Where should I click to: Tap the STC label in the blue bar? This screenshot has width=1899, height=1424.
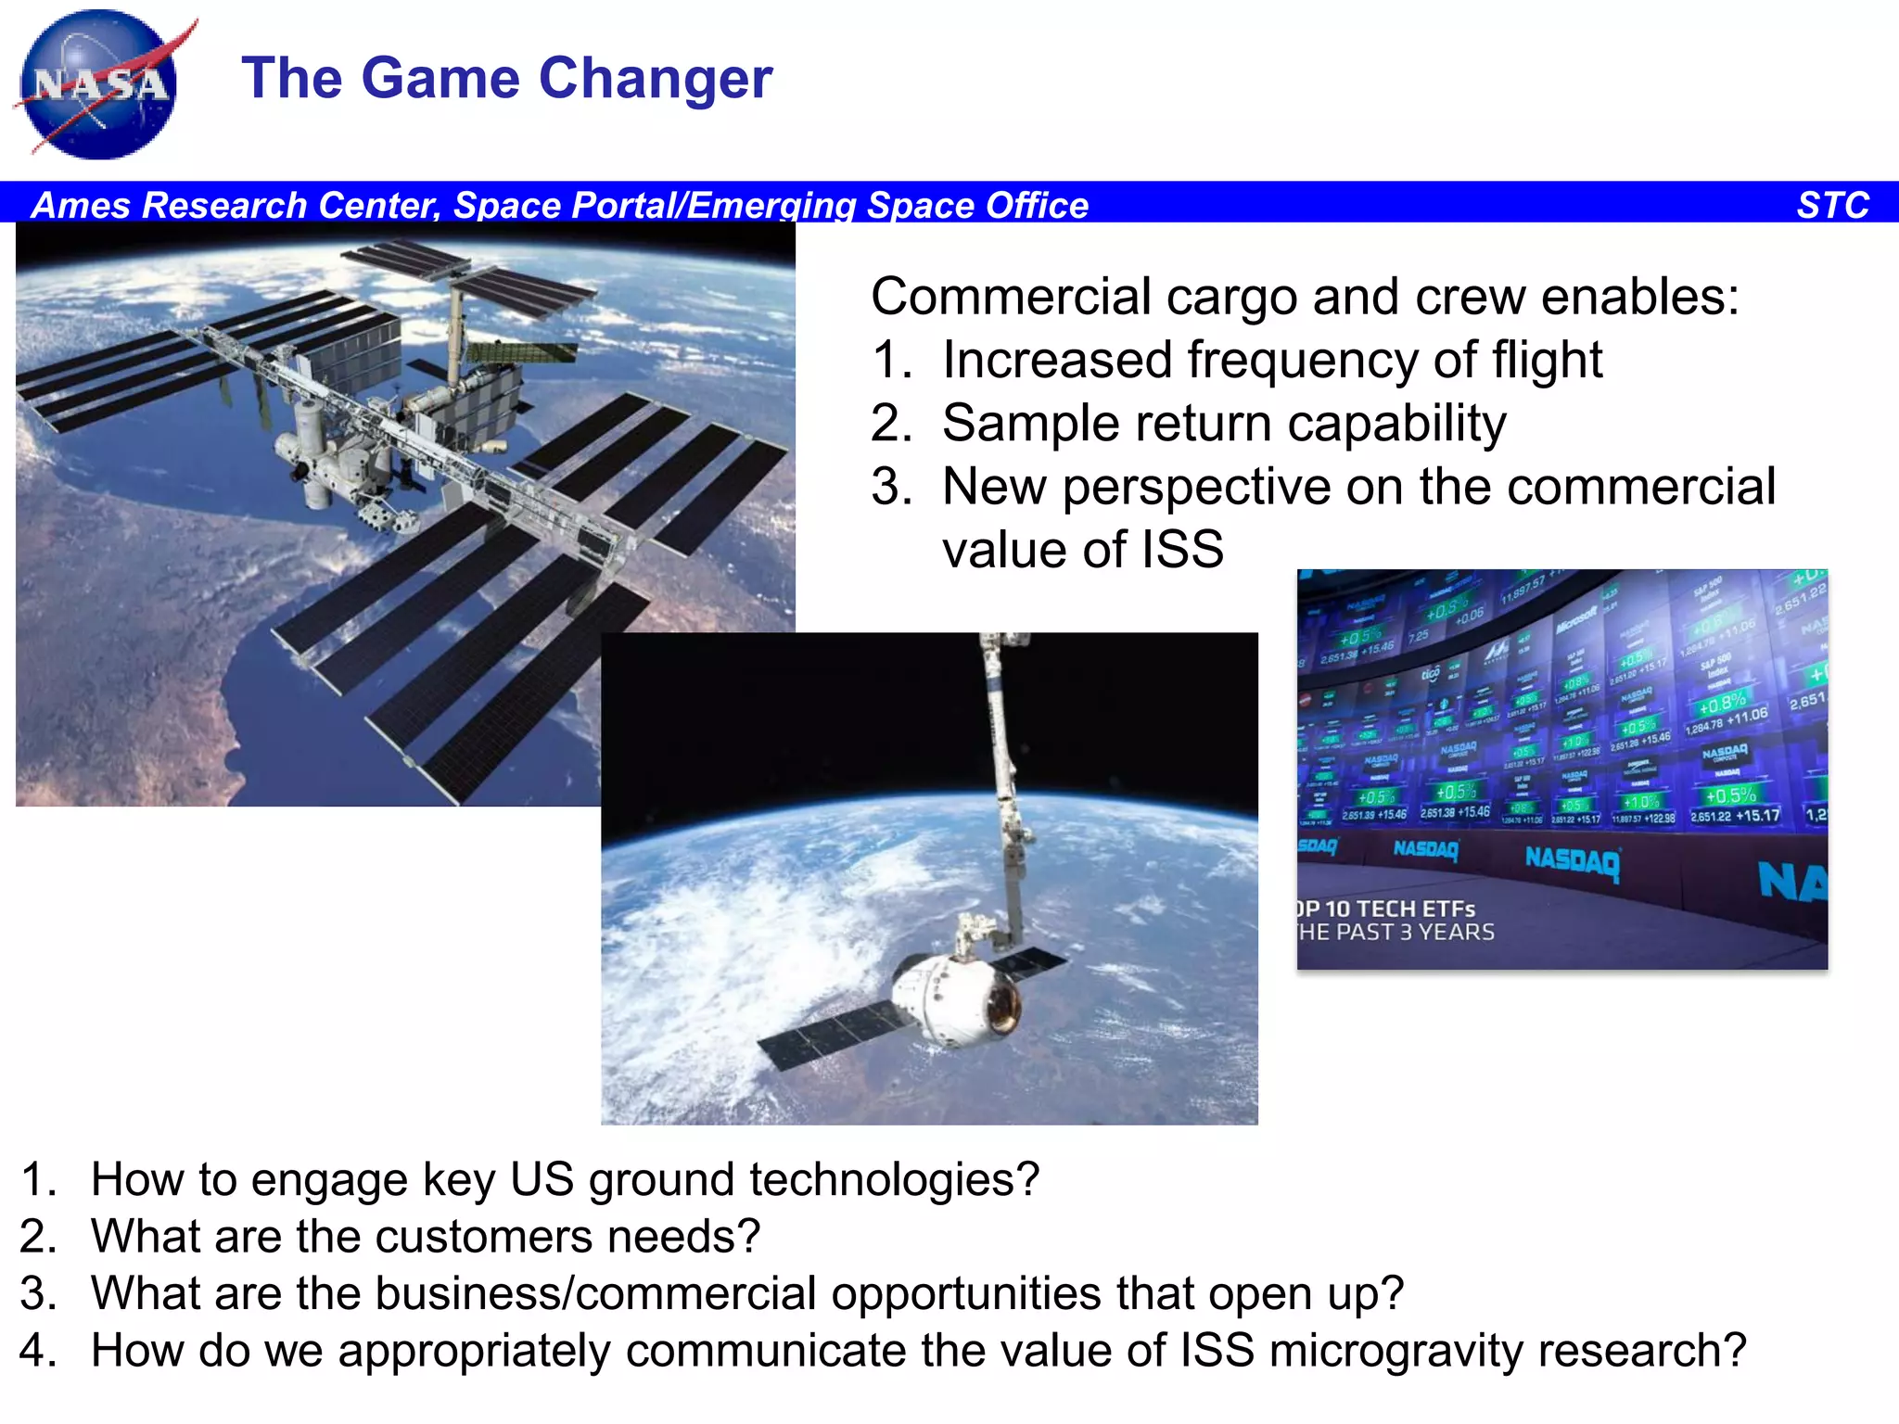coord(1832,205)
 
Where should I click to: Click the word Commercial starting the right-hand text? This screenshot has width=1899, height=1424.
coord(1010,298)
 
